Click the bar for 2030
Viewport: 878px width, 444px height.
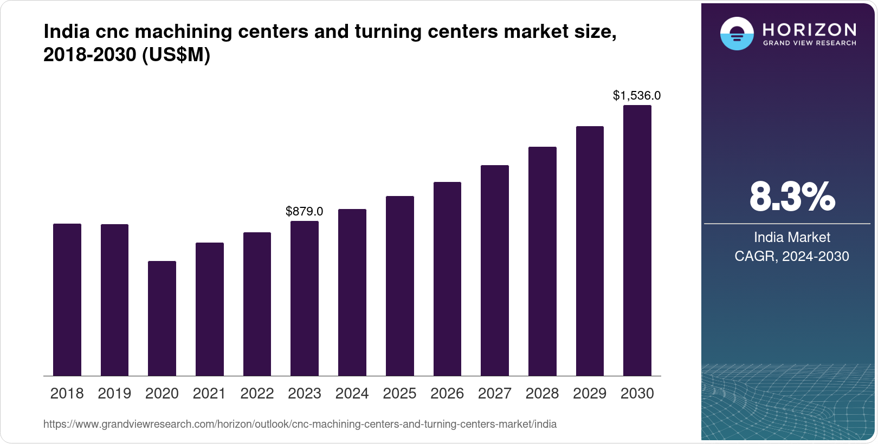coord(637,240)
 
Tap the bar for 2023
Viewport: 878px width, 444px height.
coord(304,298)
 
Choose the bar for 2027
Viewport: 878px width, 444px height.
coord(494,270)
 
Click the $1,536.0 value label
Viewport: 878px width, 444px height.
coord(636,96)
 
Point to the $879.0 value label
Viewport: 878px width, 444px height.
coord(304,211)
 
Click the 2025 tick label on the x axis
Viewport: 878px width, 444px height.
coord(399,394)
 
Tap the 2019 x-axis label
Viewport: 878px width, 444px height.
coord(114,394)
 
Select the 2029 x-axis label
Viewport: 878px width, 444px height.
coord(590,394)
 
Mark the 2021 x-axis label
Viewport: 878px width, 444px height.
coord(209,394)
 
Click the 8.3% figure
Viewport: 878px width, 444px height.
coord(792,197)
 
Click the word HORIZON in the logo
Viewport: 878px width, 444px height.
coord(809,30)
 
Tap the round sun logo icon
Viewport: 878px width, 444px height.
coord(737,34)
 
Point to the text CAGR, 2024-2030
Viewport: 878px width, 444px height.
coord(791,256)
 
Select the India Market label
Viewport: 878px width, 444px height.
coord(792,237)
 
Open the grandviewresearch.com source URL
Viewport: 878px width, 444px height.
coord(300,424)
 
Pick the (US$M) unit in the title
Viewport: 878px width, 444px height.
coord(176,55)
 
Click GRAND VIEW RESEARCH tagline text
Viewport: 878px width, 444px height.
coord(809,43)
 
